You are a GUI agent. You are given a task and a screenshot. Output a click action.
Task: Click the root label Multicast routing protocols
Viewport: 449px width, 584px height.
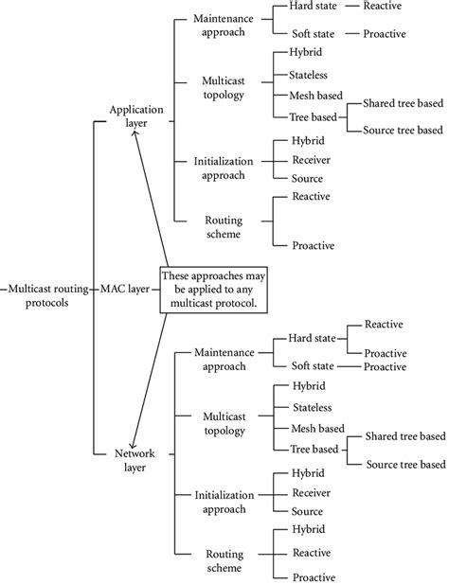point(47,293)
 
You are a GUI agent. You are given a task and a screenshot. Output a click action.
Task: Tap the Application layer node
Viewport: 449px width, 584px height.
point(136,117)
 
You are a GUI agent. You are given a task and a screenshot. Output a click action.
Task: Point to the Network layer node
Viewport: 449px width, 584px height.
point(136,459)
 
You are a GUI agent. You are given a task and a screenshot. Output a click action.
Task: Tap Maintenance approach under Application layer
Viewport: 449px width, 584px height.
point(224,26)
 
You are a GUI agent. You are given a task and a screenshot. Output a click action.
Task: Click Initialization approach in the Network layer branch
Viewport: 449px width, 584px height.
point(224,502)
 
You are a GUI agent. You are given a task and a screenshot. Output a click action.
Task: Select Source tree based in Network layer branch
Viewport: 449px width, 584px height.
point(404,464)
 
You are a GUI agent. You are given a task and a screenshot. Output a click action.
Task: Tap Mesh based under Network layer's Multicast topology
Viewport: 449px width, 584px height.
point(319,428)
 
